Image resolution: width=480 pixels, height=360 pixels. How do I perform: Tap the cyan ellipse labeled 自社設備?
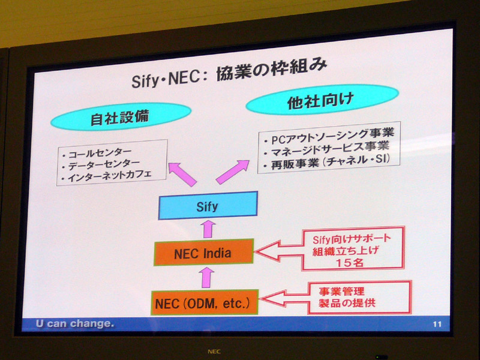point(121,116)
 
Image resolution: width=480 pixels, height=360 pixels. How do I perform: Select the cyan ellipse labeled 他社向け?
point(322,100)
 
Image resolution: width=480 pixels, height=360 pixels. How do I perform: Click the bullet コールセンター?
point(97,153)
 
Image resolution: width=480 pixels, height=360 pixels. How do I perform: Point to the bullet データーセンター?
point(101,165)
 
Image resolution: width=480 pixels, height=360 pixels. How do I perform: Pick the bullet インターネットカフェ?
point(107,176)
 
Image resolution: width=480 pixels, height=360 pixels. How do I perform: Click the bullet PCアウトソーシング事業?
point(329,136)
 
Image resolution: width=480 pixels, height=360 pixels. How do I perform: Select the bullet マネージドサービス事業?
point(326,149)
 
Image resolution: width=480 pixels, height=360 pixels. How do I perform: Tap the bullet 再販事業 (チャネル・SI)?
point(326,162)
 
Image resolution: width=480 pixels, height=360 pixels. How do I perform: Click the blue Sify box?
point(208,205)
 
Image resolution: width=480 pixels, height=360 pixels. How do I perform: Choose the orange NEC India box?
point(203,252)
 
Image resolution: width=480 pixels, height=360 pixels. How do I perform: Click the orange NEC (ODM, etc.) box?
point(205,302)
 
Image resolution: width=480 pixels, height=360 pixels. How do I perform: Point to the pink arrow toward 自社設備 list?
point(182,174)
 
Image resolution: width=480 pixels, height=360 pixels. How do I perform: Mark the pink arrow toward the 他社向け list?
point(233,172)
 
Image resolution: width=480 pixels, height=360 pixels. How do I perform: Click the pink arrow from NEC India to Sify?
point(208,229)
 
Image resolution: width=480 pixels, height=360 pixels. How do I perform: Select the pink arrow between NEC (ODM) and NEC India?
point(207,277)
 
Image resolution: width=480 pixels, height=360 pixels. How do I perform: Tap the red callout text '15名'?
point(349,262)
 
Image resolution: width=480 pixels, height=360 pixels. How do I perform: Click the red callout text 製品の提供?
point(347,303)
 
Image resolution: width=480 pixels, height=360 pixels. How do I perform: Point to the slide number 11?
point(437,324)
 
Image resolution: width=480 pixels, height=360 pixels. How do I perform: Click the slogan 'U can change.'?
point(75,323)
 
